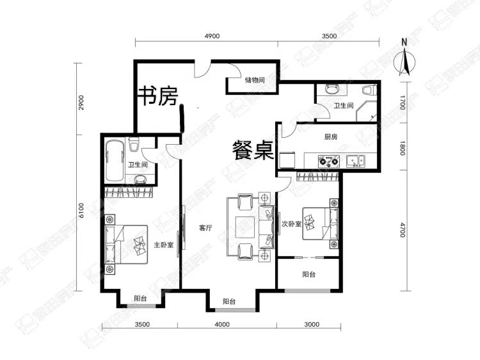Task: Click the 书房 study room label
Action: pyautogui.click(x=158, y=95)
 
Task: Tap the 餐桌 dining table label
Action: pyautogui.click(x=253, y=150)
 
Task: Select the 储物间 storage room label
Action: pyautogui.click(x=255, y=80)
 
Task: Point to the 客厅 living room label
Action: pyautogui.click(x=205, y=228)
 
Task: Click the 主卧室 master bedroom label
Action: pyautogui.click(x=163, y=245)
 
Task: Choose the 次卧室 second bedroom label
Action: pyautogui.click(x=291, y=224)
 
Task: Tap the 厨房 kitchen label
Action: pyautogui.click(x=331, y=136)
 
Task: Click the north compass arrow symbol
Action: pyautogui.click(x=404, y=60)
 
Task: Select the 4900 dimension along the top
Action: pyautogui.click(x=212, y=36)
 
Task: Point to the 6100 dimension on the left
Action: pyautogui.click(x=81, y=211)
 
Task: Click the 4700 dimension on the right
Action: pyautogui.click(x=403, y=230)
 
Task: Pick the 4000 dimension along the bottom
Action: pyautogui.click(x=222, y=324)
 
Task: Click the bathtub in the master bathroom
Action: pyautogui.click(x=115, y=161)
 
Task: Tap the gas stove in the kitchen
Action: pyautogui.click(x=329, y=161)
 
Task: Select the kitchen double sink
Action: pyautogui.click(x=356, y=161)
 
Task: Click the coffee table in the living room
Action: pyautogui.click(x=245, y=227)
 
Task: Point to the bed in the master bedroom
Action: pyautogui.click(x=126, y=245)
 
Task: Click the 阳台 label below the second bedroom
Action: pyautogui.click(x=309, y=275)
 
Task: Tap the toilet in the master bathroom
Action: pyautogui.click(x=134, y=144)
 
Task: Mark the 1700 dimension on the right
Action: pyautogui.click(x=403, y=102)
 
